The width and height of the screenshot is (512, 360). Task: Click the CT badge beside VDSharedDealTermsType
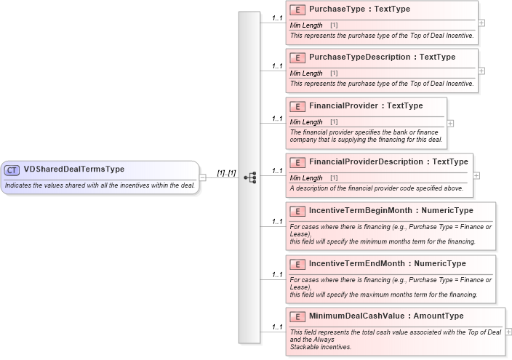(12, 170)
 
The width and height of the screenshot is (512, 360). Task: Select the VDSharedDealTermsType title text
(74, 169)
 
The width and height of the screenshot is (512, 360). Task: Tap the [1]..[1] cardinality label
(226, 172)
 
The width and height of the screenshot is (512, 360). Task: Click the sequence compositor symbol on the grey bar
(250, 177)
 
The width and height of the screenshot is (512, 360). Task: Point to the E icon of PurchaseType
(297, 10)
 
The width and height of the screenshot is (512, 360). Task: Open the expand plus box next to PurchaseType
(481, 23)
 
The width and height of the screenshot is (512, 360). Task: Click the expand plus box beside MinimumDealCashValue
(508, 332)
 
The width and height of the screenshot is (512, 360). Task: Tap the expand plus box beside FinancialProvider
(450, 123)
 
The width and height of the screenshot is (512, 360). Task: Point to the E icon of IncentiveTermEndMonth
(297, 264)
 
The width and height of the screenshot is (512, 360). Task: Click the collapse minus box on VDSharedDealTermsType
(203, 177)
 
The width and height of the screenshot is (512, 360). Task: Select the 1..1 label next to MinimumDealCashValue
(277, 327)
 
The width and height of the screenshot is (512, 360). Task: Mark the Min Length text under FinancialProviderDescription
(306, 178)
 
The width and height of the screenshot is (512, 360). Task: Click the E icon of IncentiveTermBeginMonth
(297, 211)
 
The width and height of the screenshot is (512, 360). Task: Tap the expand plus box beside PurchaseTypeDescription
(481, 71)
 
